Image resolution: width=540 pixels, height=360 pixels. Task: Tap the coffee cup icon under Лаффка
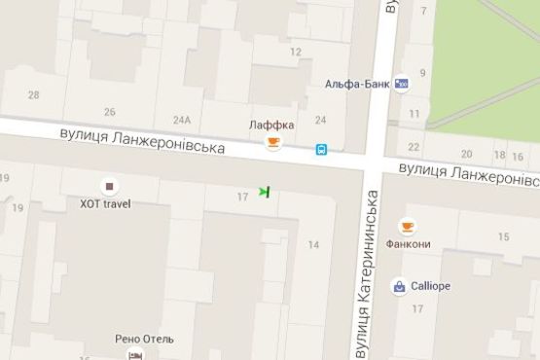273,145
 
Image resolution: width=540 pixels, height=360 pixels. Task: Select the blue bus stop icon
320,150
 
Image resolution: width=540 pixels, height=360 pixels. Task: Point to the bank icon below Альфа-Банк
402,85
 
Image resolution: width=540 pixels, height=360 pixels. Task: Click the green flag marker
264,193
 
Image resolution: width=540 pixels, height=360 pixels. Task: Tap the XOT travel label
105,204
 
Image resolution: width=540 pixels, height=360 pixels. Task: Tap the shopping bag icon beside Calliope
399,286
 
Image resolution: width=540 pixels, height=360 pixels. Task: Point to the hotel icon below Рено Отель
134,355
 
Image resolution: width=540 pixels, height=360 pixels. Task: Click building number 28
34,94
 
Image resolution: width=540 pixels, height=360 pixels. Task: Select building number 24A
182,120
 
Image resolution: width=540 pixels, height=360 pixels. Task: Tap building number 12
295,53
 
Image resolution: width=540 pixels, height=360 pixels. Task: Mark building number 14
313,244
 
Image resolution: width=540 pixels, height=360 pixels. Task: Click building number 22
414,147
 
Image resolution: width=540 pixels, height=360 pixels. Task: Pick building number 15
503,237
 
